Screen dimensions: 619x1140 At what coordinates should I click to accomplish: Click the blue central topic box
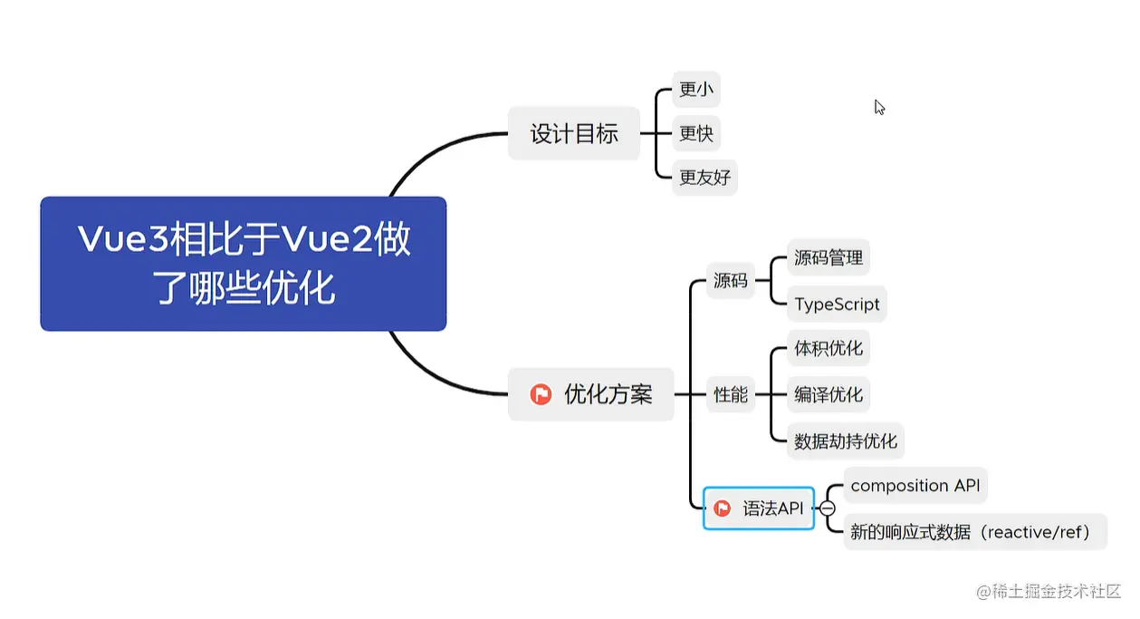click(x=243, y=264)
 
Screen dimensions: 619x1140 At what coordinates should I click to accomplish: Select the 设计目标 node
click(x=573, y=134)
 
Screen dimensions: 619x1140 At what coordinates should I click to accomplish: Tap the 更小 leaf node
click(x=695, y=90)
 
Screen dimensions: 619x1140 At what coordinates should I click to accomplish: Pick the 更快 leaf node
click(x=695, y=133)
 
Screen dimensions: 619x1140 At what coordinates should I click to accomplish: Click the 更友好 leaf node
click(x=704, y=178)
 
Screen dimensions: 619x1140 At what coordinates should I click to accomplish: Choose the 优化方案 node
click(x=591, y=394)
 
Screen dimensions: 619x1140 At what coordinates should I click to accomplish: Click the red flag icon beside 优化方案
click(x=541, y=394)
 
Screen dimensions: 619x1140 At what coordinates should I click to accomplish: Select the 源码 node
click(x=730, y=281)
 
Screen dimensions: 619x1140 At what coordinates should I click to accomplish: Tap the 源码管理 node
click(x=828, y=258)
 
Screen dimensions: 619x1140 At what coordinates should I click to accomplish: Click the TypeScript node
click(x=837, y=305)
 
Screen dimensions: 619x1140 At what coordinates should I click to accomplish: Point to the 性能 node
click(x=730, y=394)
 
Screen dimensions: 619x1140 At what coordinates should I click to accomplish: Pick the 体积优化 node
click(x=828, y=349)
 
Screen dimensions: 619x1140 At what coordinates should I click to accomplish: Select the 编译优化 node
click(x=828, y=395)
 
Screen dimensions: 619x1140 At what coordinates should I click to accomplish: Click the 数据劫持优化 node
click(x=845, y=441)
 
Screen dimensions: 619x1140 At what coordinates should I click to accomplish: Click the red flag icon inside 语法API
click(x=722, y=508)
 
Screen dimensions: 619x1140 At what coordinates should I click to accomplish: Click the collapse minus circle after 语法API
click(x=827, y=508)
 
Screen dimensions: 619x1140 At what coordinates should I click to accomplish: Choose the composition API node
click(x=915, y=486)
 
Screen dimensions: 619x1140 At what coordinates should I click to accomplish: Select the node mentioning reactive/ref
click(x=974, y=532)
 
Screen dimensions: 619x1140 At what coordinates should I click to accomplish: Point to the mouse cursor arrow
click(x=878, y=106)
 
